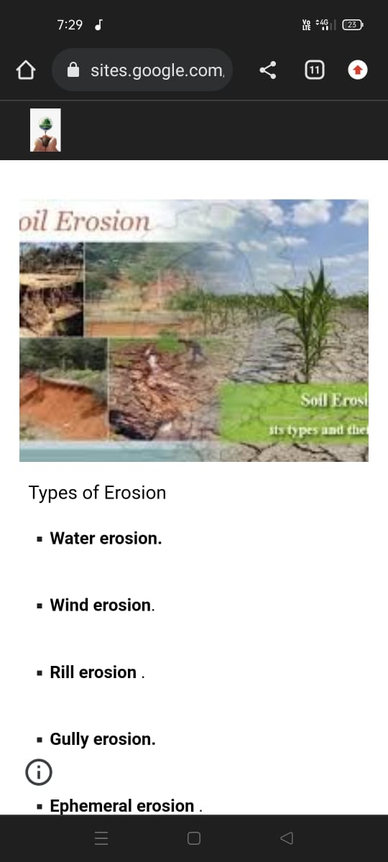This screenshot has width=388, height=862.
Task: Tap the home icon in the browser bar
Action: point(26,70)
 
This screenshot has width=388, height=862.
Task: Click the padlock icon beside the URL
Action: point(73,70)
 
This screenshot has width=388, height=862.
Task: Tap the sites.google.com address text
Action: point(157,70)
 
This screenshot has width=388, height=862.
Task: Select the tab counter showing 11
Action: point(314,70)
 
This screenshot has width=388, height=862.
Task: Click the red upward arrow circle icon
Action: point(357,70)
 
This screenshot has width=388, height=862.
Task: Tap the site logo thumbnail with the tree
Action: point(45,130)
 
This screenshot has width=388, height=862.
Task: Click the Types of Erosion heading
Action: point(97,493)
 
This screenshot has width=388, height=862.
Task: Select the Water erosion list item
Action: point(106,539)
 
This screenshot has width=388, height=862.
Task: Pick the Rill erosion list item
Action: point(93,672)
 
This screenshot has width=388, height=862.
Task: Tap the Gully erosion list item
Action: point(102,739)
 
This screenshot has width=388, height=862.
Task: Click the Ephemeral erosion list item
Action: point(122,806)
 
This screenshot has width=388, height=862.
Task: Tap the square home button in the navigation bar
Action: point(193,838)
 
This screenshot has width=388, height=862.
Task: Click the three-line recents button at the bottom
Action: point(101,838)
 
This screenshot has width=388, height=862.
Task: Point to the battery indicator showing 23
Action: point(352,25)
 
